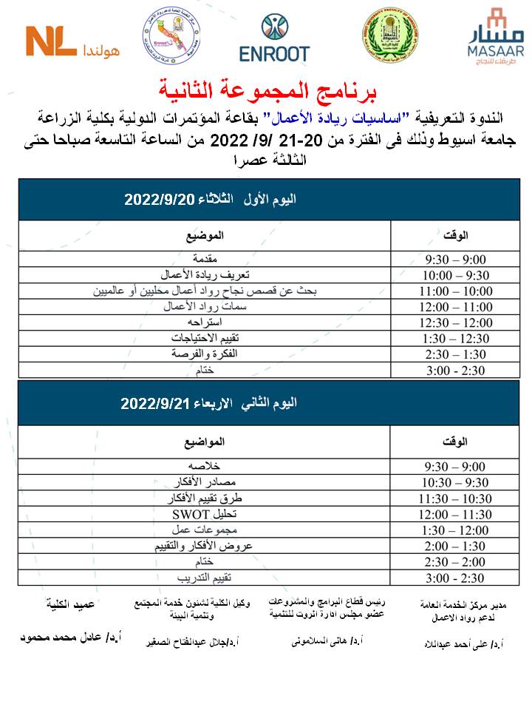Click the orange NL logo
pyautogui.click(x=52, y=41)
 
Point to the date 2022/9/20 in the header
pyautogui.click(x=158, y=200)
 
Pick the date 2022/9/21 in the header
pyautogui.click(x=158, y=404)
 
